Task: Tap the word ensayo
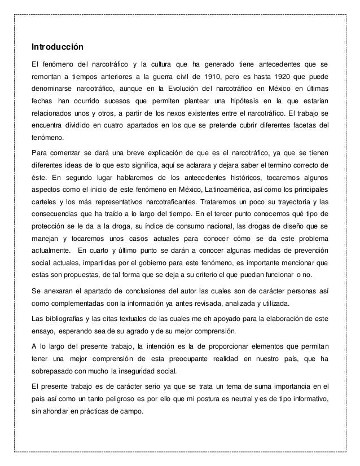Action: tap(43, 331)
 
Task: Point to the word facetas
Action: tap(306, 127)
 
